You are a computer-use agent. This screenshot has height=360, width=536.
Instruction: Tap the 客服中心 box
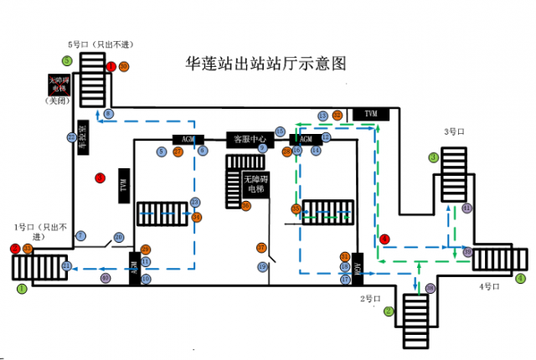pyautogui.click(x=250, y=139)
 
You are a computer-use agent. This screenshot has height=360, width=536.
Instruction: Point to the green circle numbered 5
pyautogui.click(x=66, y=60)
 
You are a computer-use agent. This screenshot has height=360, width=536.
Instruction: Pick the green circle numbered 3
pyautogui.click(x=434, y=157)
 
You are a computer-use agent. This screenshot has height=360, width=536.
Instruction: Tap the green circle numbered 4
pyautogui.click(x=521, y=277)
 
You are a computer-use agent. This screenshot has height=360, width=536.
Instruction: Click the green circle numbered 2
pyautogui.click(x=389, y=311)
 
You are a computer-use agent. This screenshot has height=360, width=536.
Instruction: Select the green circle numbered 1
pyautogui.click(x=22, y=287)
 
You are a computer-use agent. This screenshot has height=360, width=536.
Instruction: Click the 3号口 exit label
pyautogui.click(x=455, y=132)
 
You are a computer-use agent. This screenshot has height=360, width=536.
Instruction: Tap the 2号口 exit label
pyautogui.click(x=371, y=299)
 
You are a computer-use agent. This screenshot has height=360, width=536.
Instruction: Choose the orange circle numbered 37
pyautogui.click(x=261, y=248)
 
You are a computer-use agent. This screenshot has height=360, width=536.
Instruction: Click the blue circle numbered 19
pyautogui.click(x=261, y=267)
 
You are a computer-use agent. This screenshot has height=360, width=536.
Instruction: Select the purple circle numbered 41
pyautogui.click(x=466, y=207)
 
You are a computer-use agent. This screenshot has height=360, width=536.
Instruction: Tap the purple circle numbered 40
pyautogui.click(x=105, y=277)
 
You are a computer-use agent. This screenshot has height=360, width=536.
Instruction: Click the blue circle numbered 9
pyautogui.click(x=262, y=148)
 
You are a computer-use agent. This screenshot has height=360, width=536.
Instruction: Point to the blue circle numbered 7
pyautogui.click(x=80, y=236)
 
